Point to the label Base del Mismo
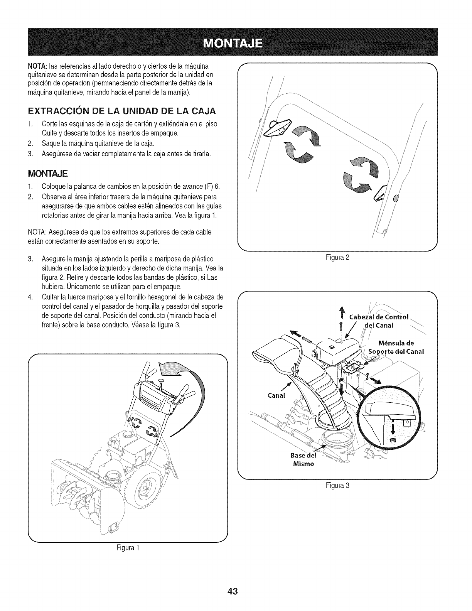pos(303,459)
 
